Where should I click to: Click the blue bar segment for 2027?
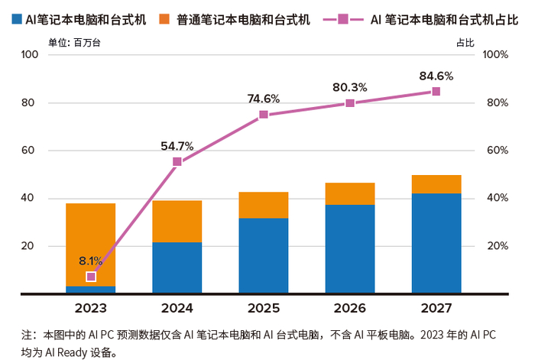(x=436, y=243)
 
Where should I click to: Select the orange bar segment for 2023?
(x=91, y=245)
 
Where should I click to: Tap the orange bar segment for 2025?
(x=264, y=205)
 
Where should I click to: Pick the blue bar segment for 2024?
(x=177, y=268)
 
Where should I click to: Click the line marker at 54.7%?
(x=177, y=162)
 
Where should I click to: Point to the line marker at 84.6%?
(x=436, y=91)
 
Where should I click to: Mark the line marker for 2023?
(x=91, y=277)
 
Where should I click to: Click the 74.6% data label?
(x=264, y=98)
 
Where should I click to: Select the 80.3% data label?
(x=350, y=87)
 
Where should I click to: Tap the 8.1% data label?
(x=90, y=261)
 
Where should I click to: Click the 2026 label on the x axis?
(x=350, y=308)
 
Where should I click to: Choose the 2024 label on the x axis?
(x=177, y=308)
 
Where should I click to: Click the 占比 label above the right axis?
(x=465, y=43)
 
